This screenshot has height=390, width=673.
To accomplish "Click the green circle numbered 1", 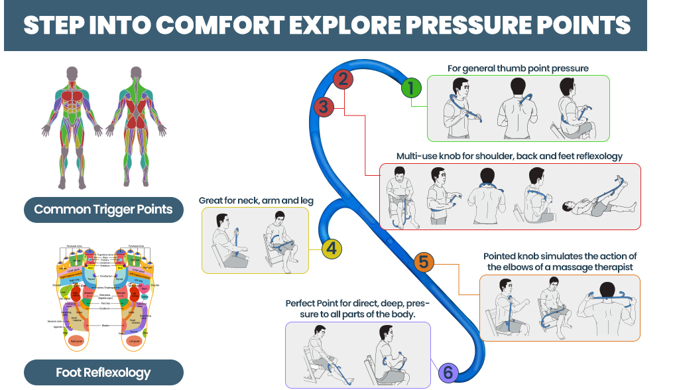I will point(411,88).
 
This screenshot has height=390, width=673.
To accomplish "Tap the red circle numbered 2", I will point(342,80).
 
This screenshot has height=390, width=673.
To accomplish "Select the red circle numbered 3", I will point(323,106).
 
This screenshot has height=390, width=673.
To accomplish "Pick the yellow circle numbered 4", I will point(332,249).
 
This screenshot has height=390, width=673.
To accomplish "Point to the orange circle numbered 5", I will point(424,262).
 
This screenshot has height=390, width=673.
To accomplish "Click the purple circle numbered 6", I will point(448,373).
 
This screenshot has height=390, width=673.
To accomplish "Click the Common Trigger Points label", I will point(103,210).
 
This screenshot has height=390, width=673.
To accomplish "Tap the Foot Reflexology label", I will point(103,373).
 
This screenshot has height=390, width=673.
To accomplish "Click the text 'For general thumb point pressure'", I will point(518,68).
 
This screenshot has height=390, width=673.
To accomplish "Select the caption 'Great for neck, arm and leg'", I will point(256,200).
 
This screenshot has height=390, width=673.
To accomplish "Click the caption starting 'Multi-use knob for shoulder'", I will point(509,156).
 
